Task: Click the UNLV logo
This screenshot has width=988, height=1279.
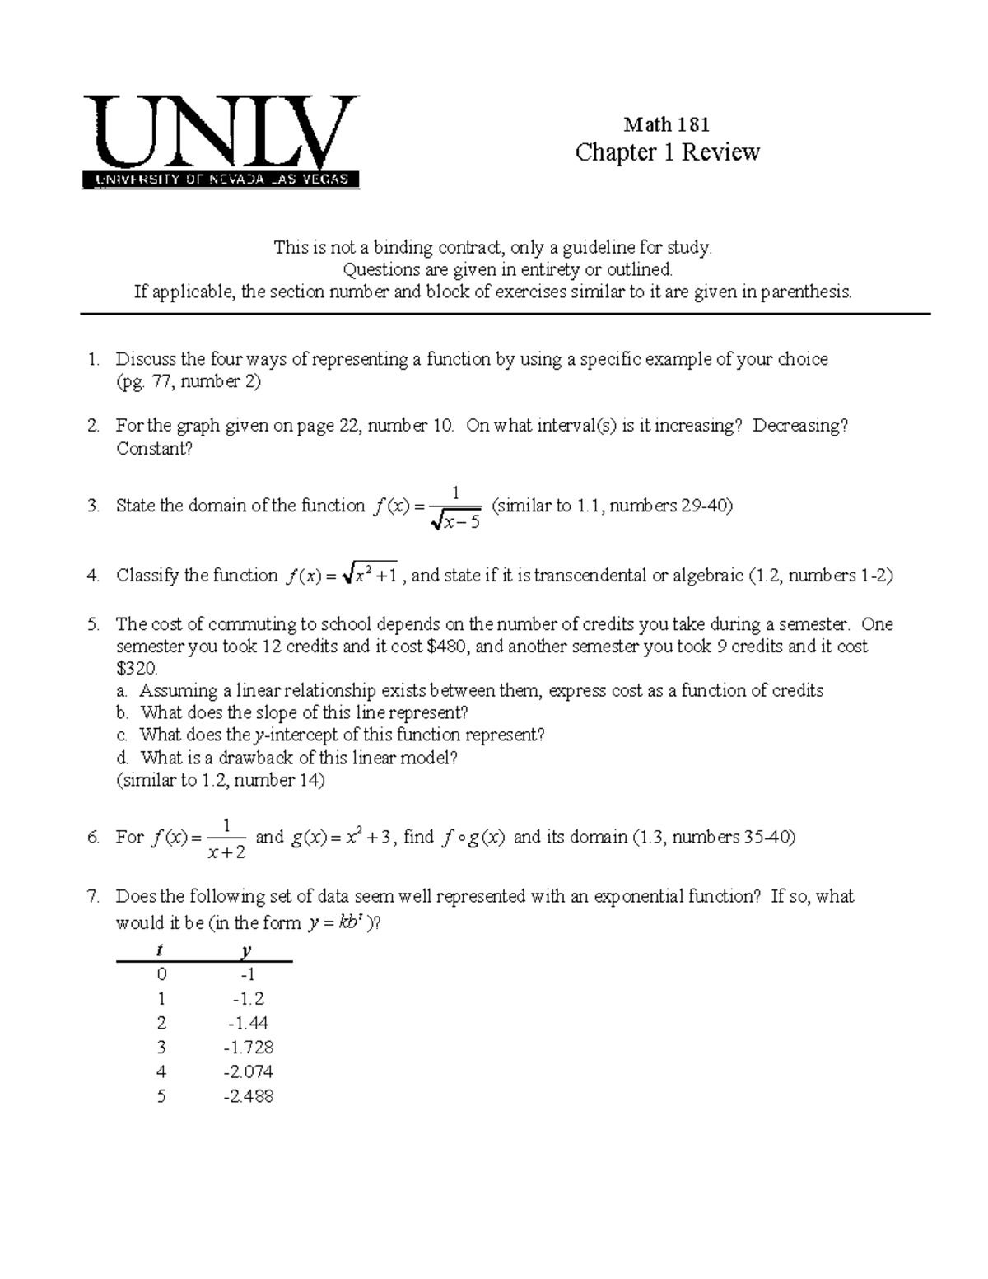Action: pyautogui.click(x=221, y=141)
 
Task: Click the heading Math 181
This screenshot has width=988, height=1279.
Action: pyautogui.click(x=666, y=124)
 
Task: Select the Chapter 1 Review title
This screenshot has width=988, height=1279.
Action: pyautogui.click(x=667, y=152)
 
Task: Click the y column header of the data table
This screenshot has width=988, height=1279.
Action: pyautogui.click(x=245, y=951)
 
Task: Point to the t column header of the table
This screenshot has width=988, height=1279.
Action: pyautogui.click(x=160, y=951)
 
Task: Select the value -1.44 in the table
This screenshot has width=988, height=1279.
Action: pyautogui.click(x=248, y=1023)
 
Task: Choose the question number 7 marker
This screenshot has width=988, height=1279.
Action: pyautogui.click(x=92, y=896)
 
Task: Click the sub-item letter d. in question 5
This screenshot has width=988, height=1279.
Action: pyautogui.click(x=123, y=758)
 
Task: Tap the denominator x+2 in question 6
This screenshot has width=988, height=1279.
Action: pyautogui.click(x=227, y=852)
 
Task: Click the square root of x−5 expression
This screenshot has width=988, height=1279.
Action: pyautogui.click(x=455, y=520)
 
